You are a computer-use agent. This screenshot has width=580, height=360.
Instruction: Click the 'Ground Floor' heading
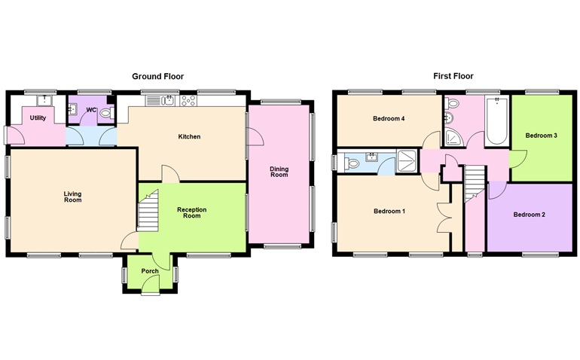(157, 76)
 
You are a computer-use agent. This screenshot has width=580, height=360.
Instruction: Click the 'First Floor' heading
(453, 76)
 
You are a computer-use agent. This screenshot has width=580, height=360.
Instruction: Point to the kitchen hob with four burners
(188, 99)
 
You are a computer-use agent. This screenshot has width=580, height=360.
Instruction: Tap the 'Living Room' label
(72, 197)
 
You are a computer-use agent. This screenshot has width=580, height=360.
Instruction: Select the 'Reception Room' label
(192, 213)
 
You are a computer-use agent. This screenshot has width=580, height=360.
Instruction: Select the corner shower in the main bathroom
(454, 136)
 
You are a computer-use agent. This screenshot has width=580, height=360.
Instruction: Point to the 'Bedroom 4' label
(389, 119)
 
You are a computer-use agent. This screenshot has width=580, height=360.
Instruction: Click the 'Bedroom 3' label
(541, 136)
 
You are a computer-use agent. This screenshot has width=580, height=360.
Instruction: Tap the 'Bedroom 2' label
(529, 215)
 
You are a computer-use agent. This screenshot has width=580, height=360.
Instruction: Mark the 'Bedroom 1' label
(389, 211)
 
